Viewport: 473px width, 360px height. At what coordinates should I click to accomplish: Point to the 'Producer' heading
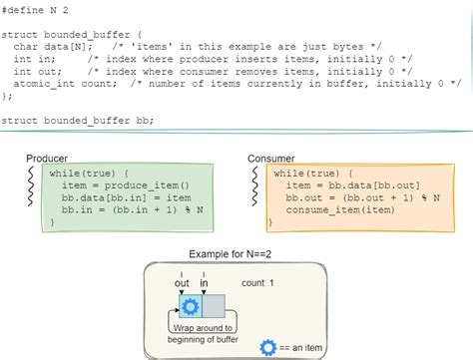point(47,160)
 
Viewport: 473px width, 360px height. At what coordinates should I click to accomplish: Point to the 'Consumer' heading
point(271,160)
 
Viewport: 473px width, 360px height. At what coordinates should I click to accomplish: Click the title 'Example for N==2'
point(236,255)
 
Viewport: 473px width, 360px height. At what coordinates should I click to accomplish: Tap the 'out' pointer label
point(182,283)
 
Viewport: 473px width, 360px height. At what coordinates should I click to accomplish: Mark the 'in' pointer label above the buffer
point(205,283)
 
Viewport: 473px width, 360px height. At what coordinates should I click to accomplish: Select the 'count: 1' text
point(257,284)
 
